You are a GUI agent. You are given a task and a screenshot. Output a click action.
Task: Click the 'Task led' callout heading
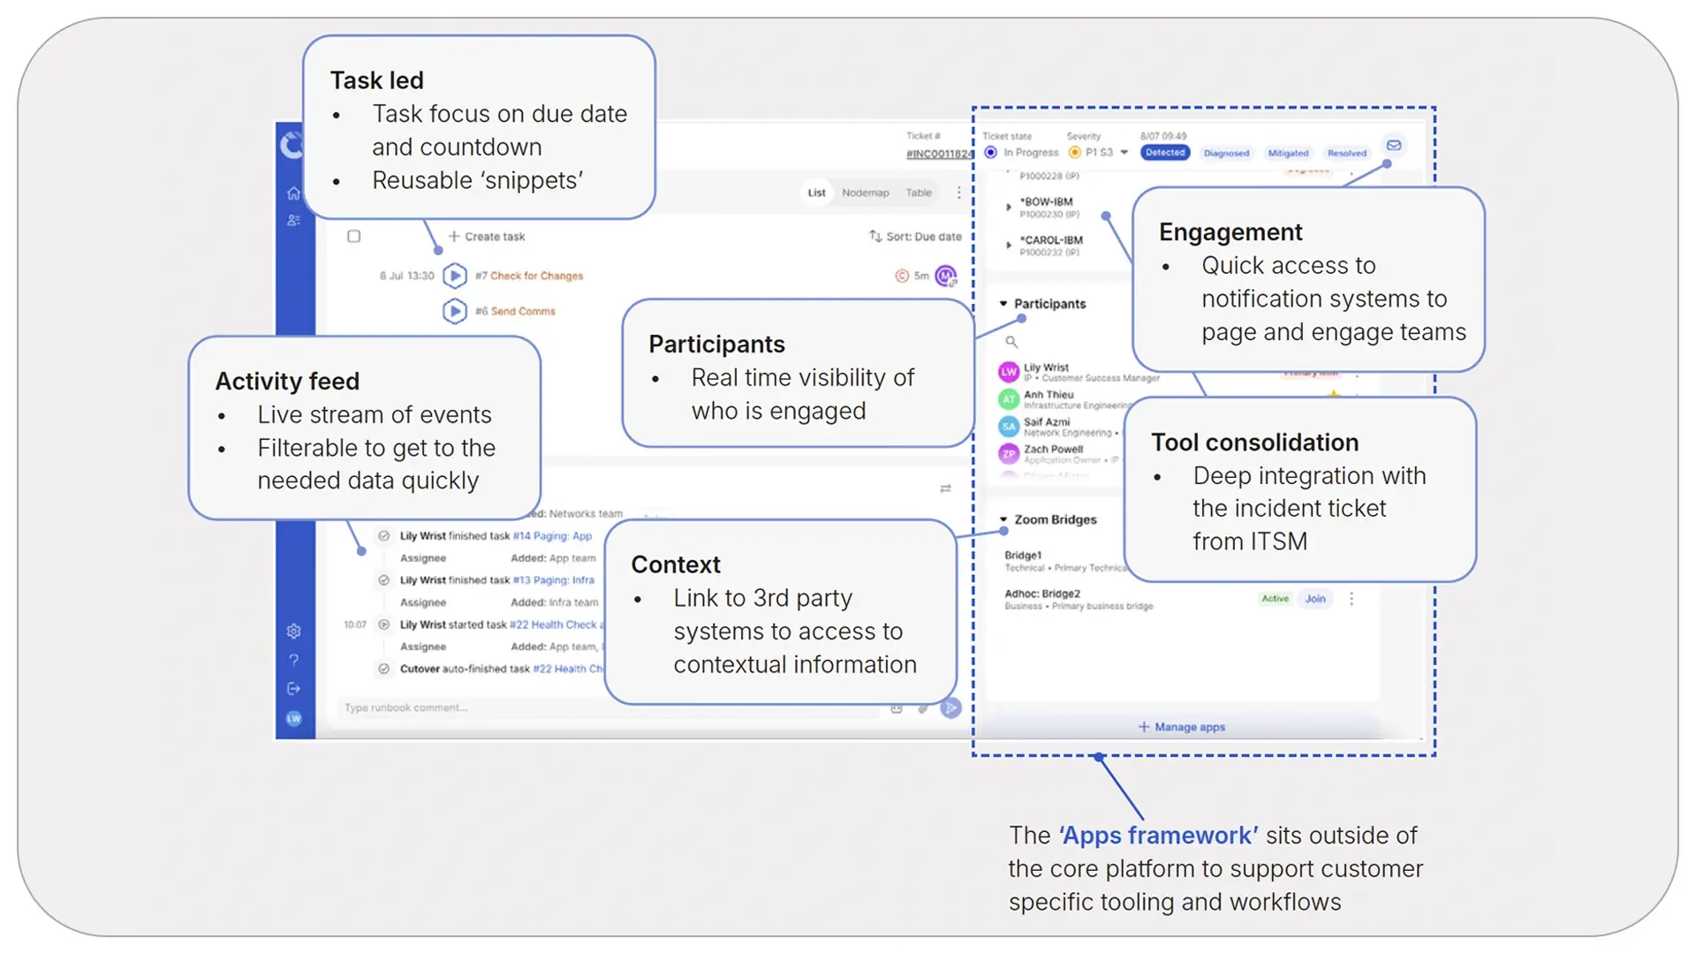377,80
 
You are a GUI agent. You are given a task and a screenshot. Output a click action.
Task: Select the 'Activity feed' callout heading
287,381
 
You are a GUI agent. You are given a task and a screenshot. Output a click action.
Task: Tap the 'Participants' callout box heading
716,344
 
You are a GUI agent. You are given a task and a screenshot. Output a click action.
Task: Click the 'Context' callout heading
676,564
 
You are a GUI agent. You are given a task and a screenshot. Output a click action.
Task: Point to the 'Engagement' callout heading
1230,231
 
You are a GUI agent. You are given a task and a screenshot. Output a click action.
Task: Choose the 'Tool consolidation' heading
1254,442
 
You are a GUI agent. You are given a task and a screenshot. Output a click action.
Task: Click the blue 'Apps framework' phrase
1159,835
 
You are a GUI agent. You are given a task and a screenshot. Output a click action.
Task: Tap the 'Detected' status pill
1165,153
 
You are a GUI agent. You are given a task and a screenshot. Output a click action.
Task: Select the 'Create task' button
487,237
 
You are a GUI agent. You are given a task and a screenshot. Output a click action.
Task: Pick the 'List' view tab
816,193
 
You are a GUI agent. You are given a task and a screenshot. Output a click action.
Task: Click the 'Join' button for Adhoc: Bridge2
1315,599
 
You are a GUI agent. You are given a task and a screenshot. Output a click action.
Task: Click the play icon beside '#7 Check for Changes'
455,276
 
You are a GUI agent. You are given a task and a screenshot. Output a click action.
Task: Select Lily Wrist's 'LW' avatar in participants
1009,372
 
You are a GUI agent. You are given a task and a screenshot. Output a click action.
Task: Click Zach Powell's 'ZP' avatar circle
1009,453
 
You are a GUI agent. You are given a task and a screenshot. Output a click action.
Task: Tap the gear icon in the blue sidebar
294,631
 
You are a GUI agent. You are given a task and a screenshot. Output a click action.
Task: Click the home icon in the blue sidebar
294,193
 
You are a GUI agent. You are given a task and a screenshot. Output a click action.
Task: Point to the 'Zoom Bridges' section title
1055,519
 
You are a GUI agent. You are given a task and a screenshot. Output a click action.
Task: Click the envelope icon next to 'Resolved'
1394,146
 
